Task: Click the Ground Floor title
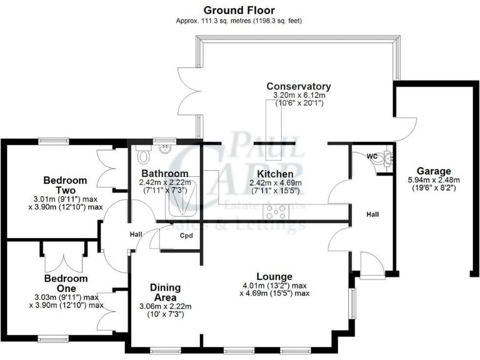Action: tap(239, 10)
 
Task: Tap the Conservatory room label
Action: tap(298, 86)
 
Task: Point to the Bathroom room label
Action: tap(164, 173)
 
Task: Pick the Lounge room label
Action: tap(274, 276)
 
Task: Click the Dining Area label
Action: tap(165, 292)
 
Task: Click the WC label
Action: tap(371, 156)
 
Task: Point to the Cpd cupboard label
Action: tap(186, 236)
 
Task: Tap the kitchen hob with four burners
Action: tap(276, 211)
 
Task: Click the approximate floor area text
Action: tap(239, 21)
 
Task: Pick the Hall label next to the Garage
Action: tap(373, 214)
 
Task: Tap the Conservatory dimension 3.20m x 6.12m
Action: tap(298, 96)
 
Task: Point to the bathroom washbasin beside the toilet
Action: tap(165, 150)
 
